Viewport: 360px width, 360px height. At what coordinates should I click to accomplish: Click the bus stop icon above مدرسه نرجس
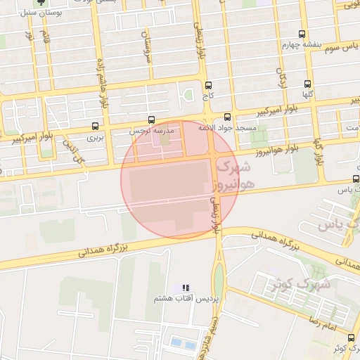(x=152, y=120)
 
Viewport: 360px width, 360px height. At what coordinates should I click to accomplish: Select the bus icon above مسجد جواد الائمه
(x=227, y=117)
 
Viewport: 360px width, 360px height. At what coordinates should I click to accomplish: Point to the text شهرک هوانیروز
(x=235, y=176)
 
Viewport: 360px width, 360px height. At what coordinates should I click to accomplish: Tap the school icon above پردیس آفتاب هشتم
(x=186, y=288)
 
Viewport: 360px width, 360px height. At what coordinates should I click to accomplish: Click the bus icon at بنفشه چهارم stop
(x=302, y=34)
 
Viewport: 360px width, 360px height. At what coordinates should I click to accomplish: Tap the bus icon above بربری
(x=95, y=127)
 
